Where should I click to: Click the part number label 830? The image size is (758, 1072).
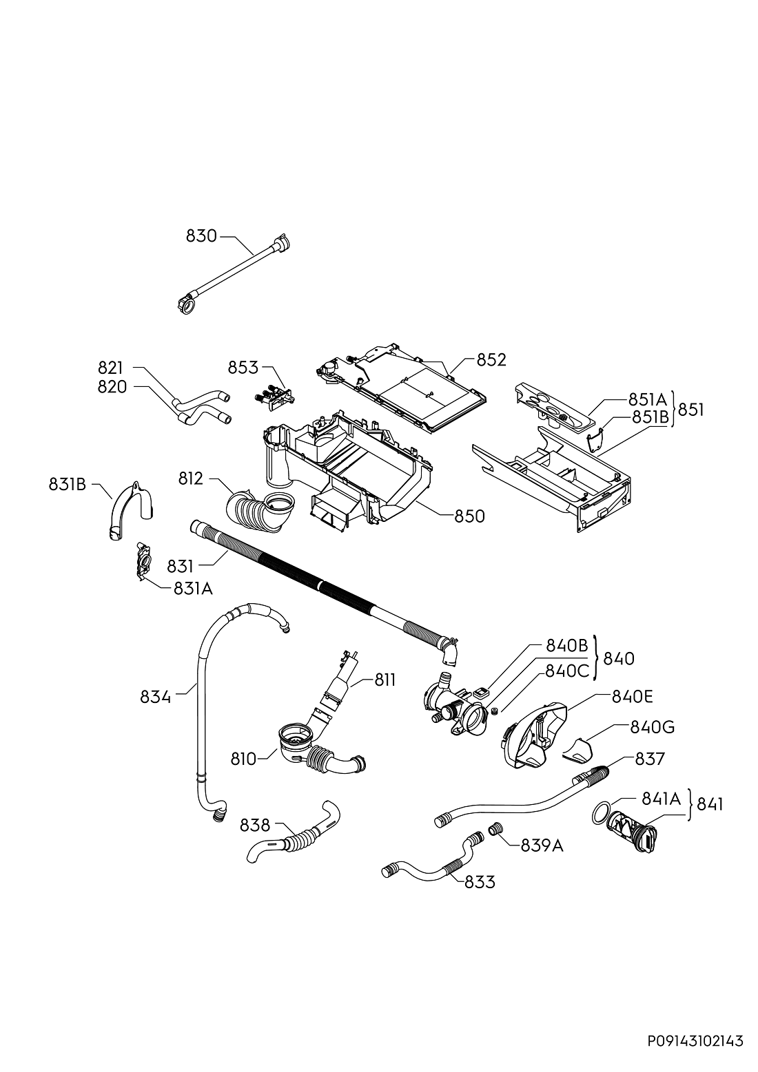click(x=201, y=236)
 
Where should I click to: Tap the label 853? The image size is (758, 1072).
click(x=243, y=368)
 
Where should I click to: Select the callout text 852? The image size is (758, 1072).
click(x=491, y=360)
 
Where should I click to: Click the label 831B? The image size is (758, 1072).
click(x=67, y=485)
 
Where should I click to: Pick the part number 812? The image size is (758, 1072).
click(x=191, y=479)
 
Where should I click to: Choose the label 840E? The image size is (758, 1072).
click(x=632, y=697)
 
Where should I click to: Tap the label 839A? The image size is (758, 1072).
click(x=543, y=846)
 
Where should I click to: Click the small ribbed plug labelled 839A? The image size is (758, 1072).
click(x=495, y=828)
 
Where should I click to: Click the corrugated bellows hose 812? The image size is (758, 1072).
click(x=259, y=509)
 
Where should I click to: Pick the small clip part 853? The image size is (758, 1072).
click(x=274, y=396)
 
